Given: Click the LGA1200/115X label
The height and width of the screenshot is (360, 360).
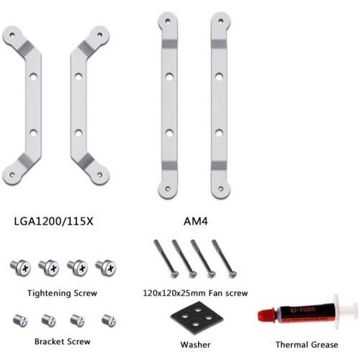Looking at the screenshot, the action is click(x=53, y=221).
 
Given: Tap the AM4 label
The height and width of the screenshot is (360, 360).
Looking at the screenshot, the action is click(x=196, y=221).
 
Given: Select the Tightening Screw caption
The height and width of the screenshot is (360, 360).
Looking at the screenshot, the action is click(x=62, y=293).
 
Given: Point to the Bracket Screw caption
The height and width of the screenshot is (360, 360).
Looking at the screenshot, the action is click(x=63, y=341).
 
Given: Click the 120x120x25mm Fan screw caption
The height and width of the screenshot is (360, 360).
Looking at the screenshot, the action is click(x=195, y=293).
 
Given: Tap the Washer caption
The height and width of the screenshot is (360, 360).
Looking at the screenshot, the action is click(x=195, y=345).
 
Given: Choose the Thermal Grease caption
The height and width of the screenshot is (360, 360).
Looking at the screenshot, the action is click(x=307, y=345).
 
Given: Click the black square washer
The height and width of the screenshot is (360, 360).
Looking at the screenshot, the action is click(x=197, y=318).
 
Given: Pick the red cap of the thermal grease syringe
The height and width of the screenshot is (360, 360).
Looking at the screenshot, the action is click(x=266, y=315).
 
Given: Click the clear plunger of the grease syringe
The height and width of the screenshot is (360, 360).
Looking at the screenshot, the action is click(x=346, y=312).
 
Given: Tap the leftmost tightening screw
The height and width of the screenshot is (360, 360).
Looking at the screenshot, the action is click(x=21, y=267).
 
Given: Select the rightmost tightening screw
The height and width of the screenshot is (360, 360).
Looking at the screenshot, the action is click(x=106, y=267).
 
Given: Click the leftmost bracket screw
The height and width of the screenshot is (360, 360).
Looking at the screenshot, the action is click(x=20, y=320).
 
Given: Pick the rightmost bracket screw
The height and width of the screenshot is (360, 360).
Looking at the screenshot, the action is click(x=109, y=320).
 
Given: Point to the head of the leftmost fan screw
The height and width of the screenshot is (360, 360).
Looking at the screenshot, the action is click(x=174, y=274).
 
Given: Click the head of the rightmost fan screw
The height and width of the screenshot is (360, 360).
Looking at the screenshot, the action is click(x=233, y=274).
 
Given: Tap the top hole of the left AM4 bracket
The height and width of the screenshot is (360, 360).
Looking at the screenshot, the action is click(x=168, y=21).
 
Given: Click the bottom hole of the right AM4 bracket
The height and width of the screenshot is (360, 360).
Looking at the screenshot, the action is click(x=221, y=189).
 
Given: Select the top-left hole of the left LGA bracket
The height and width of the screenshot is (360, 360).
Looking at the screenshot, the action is click(x=12, y=35).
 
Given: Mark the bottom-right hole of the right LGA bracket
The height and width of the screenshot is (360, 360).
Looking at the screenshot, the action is click(x=100, y=175).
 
